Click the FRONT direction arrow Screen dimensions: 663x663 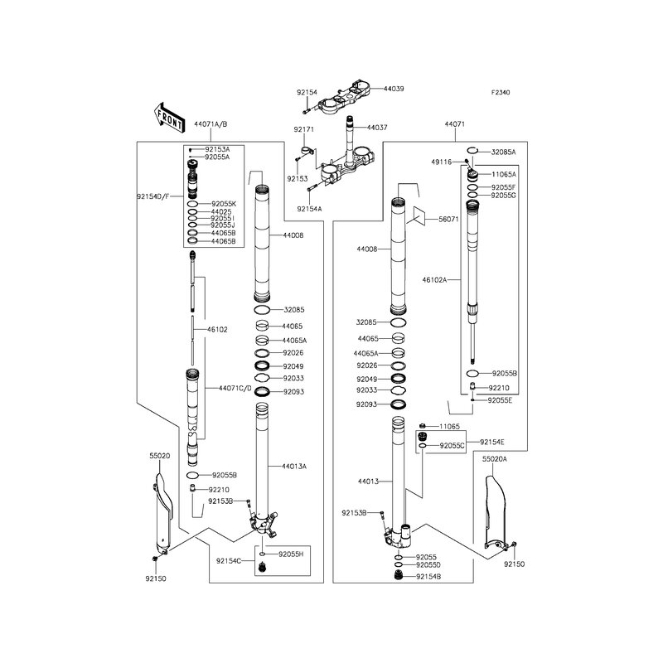[x=169, y=118]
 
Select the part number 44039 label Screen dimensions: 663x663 [x=394, y=89]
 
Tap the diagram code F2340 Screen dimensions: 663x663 [x=501, y=92]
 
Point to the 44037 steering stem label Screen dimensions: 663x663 [x=377, y=128]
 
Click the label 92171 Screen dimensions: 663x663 [x=304, y=129]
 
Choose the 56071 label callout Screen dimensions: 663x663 [x=448, y=219]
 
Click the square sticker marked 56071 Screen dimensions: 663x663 [x=415, y=215]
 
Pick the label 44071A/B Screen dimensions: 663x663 [x=211, y=124]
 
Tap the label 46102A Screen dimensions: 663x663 [x=434, y=279]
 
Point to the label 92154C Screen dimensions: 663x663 [x=229, y=561]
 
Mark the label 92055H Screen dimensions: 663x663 [x=291, y=554]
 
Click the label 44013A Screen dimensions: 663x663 [x=294, y=467]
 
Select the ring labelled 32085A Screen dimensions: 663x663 [x=472, y=150]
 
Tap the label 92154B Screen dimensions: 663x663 [x=428, y=576]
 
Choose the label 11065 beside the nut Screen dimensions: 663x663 [x=449, y=426]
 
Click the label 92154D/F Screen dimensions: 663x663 [x=153, y=196]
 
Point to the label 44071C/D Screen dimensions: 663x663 [x=235, y=388]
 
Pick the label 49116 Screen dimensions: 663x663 [x=442, y=162]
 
